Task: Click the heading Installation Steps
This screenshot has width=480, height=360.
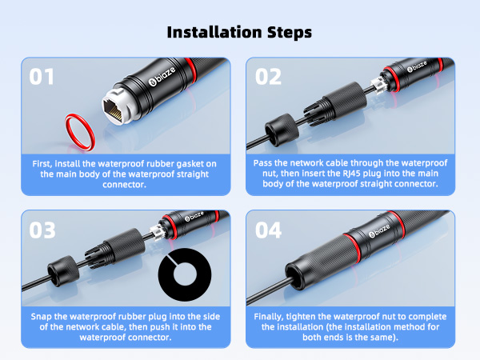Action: click(239, 32)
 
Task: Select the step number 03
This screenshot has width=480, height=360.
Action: click(43, 230)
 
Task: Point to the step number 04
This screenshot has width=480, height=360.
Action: click(269, 230)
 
